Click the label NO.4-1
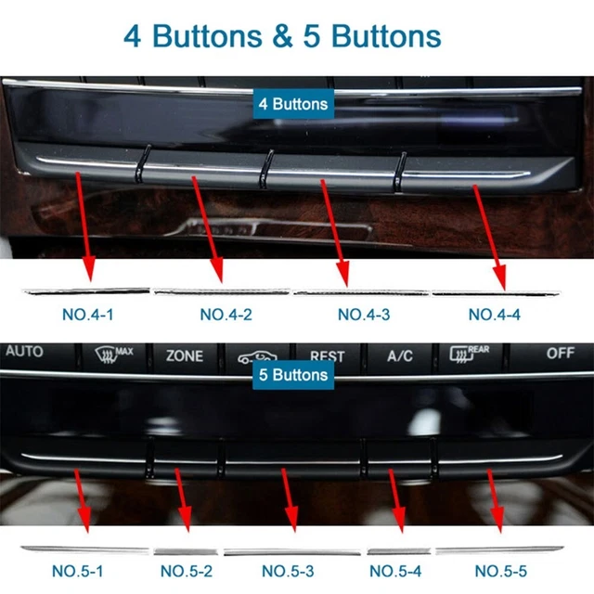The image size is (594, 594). click(87, 315)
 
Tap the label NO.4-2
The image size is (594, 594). click(226, 315)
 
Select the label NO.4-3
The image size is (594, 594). click(364, 315)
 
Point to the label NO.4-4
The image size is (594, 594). click(494, 315)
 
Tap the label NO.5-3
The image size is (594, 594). click(288, 570)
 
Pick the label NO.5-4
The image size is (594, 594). click(397, 570)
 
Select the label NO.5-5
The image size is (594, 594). click(502, 570)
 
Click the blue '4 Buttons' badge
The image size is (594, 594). click(293, 104)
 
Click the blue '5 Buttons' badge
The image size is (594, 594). click(293, 375)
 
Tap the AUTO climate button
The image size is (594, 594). click(24, 352)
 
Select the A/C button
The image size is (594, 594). click(400, 355)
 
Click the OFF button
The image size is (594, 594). click(560, 353)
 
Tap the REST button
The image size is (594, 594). click(327, 355)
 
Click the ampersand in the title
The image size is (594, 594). click(285, 36)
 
